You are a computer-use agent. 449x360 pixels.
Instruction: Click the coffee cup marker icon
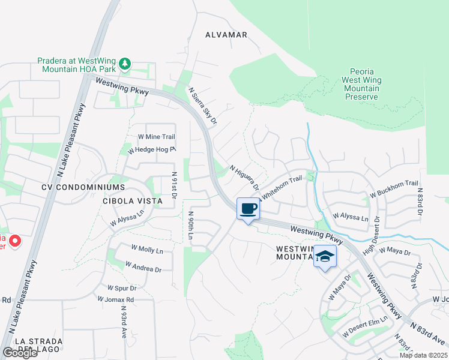point(248,209)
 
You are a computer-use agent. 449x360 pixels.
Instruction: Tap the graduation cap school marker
point(325,257)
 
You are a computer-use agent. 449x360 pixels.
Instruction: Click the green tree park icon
point(125,63)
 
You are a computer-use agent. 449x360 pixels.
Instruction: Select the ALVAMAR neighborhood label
point(226,35)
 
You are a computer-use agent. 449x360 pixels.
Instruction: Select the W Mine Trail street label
point(156,137)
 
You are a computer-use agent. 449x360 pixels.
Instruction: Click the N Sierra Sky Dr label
point(202,106)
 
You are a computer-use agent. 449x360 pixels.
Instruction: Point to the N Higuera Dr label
point(244,178)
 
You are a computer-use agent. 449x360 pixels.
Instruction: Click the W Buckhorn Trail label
point(394,189)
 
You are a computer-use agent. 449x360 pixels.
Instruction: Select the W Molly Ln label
point(148,248)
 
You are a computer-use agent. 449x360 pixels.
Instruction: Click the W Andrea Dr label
point(143,266)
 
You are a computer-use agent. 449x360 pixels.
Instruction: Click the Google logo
point(20,353)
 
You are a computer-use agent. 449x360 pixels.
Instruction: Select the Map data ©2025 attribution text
point(423,355)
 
